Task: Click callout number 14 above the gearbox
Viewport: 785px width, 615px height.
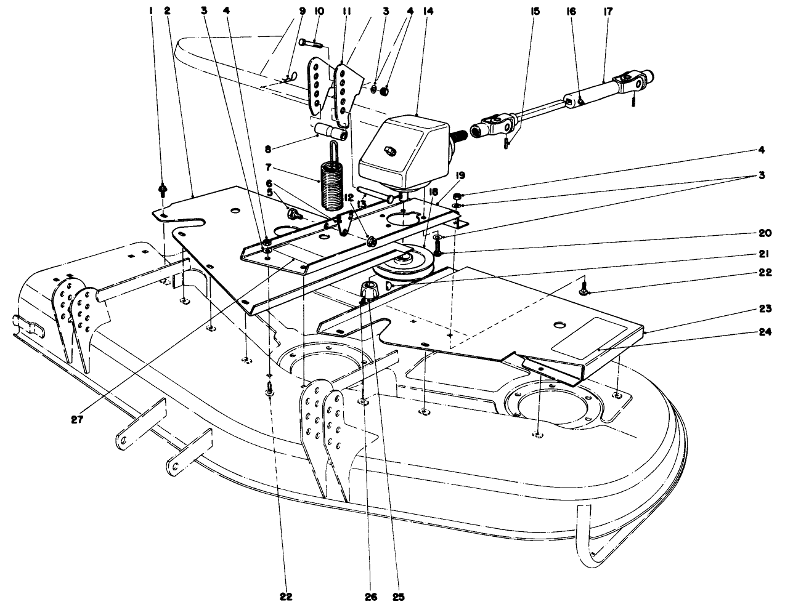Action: (x=411, y=10)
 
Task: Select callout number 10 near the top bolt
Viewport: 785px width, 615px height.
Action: (x=319, y=10)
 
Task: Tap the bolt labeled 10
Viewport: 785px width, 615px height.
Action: (x=311, y=42)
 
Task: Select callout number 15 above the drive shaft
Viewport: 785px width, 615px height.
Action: (x=534, y=10)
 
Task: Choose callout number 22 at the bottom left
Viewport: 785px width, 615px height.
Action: (x=285, y=596)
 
